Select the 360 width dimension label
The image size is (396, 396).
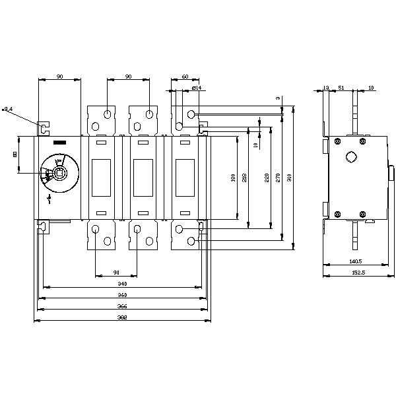(122, 294)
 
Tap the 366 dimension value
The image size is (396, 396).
(122, 306)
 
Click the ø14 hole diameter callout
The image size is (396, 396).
(196, 87)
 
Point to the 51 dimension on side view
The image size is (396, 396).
(341, 87)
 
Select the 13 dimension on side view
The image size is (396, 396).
(326, 87)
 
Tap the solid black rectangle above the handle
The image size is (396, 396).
(59, 143)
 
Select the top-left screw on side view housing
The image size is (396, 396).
(337, 140)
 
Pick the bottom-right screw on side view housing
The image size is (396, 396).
(362, 214)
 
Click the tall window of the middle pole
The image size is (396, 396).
(139, 178)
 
